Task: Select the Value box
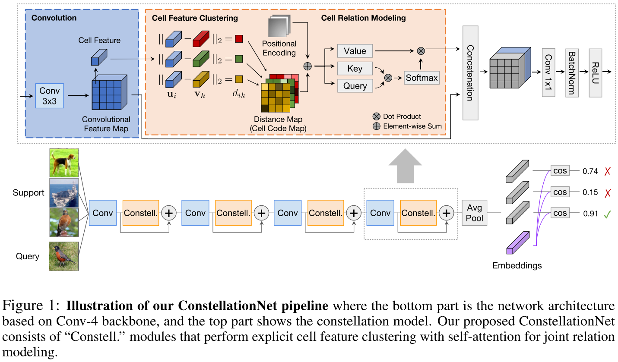coord(355,51)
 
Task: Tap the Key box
coord(355,69)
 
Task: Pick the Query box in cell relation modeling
coord(355,86)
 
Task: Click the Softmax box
coord(422,78)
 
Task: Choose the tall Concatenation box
coord(469,72)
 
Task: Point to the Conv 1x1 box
coord(548,72)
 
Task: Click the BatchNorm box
coord(572,72)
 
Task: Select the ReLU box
coord(596,72)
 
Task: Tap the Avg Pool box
coord(475,213)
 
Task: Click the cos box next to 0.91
coord(560,213)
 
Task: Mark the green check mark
coord(606,213)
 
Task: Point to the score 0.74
coord(590,171)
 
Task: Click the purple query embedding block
coord(517,243)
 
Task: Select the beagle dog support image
coord(64,163)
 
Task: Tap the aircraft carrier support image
coord(64,192)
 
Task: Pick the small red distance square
coord(239,39)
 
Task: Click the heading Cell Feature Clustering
coord(195,18)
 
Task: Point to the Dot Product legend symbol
coord(376,116)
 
